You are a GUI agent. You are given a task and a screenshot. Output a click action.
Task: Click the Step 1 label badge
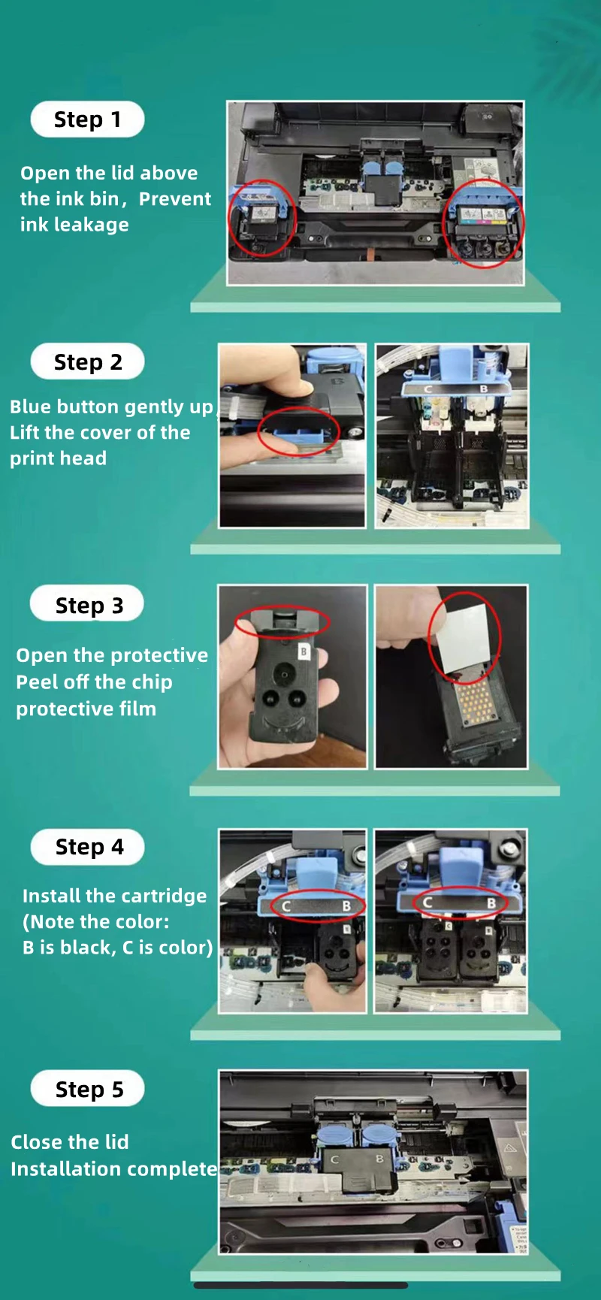[87, 119]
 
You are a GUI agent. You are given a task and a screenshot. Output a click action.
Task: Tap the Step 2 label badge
[87, 362]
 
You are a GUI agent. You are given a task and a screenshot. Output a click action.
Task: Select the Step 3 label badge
[87, 604]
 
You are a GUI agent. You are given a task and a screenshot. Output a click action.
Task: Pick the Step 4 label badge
[87, 847]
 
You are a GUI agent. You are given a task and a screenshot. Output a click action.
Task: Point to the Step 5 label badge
[87, 1089]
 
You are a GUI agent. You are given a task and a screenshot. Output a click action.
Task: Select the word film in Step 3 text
[135, 709]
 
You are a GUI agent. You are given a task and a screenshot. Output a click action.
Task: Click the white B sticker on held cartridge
[304, 651]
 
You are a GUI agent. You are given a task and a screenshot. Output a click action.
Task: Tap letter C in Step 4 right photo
[427, 902]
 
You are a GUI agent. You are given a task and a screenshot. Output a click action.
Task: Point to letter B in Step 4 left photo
[346, 906]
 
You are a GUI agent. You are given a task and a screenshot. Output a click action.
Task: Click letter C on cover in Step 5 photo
[335, 1160]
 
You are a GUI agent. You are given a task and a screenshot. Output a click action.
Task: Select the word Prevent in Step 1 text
[175, 199]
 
